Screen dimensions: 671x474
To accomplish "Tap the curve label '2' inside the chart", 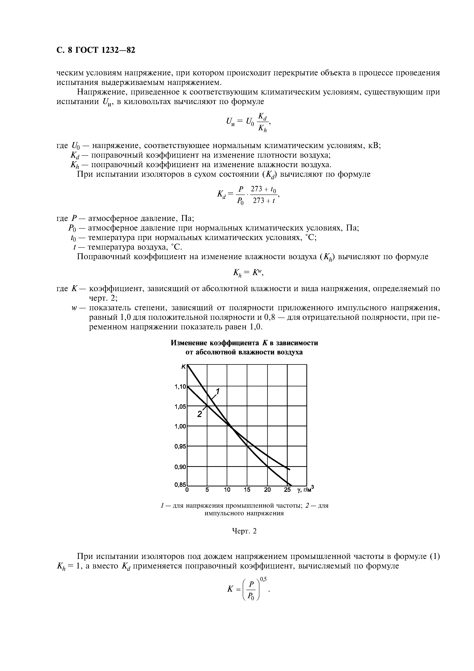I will [x=200, y=414].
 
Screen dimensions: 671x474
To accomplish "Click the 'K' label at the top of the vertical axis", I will [x=184, y=367].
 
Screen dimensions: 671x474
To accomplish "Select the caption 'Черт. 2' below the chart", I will [x=244, y=531].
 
